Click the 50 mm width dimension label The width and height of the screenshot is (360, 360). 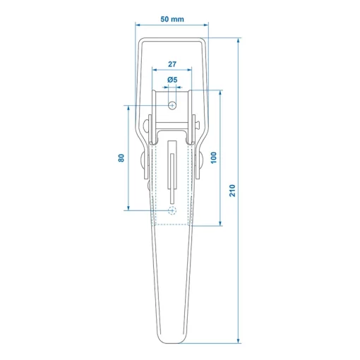pos(172,19)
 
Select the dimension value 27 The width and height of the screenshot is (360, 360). pos(172,64)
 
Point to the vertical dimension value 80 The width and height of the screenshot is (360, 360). pos(121,158)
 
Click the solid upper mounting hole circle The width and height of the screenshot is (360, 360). pos(172,105)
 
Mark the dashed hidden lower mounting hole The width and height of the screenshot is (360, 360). pos(172,210)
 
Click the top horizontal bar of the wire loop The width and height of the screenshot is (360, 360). pos(172,40)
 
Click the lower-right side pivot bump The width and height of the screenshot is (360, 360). pos(200,162)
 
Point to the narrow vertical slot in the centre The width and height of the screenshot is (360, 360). pos(172,166)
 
